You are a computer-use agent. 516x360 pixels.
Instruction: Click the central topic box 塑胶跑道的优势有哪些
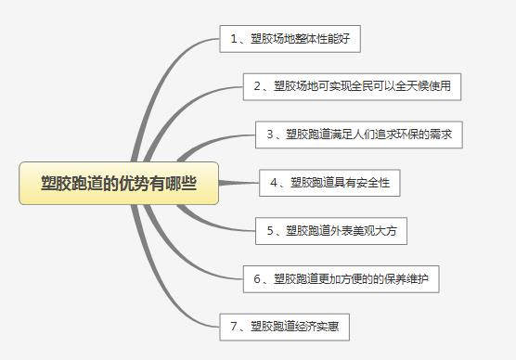119,184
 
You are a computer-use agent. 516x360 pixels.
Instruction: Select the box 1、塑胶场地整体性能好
290,39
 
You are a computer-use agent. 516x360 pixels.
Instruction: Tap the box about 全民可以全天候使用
352,87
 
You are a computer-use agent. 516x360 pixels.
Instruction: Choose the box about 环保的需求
359,135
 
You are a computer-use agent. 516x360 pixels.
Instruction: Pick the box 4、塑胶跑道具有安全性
329,183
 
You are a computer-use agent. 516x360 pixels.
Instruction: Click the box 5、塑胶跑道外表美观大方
331,231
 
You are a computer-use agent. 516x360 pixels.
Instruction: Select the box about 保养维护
342,279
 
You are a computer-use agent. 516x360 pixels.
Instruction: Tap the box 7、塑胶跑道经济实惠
285,328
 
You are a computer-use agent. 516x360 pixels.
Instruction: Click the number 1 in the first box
234,39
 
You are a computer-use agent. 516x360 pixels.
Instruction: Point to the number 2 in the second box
257,86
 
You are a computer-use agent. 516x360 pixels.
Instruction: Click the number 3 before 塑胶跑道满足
270,135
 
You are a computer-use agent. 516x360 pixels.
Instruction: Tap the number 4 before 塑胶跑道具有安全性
274,183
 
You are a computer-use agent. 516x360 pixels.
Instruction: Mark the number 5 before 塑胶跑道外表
270,231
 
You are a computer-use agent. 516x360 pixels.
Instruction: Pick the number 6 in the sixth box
257,279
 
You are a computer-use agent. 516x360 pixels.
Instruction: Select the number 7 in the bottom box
234,327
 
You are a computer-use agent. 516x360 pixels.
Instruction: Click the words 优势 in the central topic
134,184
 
